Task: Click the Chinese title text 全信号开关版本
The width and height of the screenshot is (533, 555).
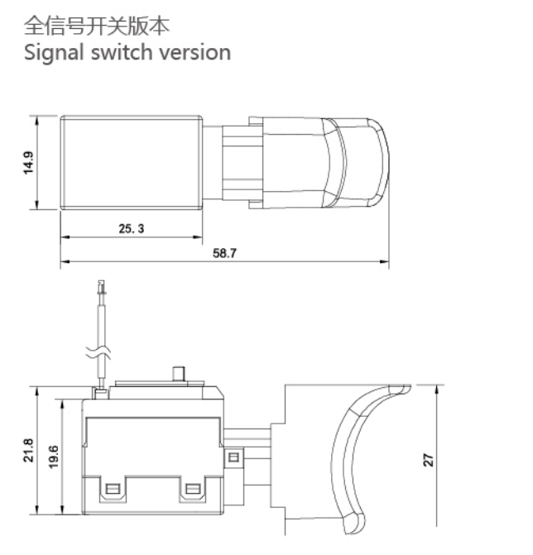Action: [x=97, y=25]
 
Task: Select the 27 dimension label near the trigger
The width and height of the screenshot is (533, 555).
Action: [x=429, y=460]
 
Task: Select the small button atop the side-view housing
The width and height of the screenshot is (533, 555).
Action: [x=177, y=374]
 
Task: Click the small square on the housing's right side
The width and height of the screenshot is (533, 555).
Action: [x=234, y=457]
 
